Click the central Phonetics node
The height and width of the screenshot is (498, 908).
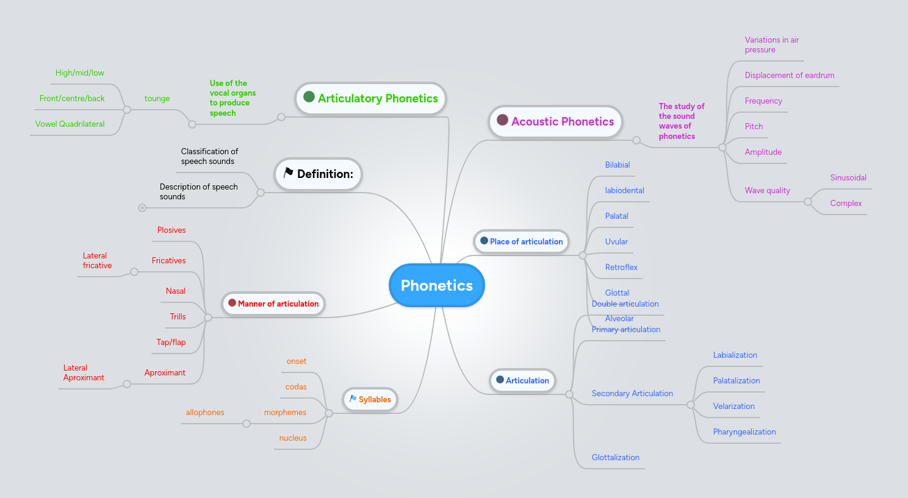pyautogui.click(x=436, y=285)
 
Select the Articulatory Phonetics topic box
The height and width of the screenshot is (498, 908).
pyautogui.click(x=371, y=98)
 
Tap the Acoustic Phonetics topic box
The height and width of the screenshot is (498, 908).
pyautogui.click(x=555, y=121)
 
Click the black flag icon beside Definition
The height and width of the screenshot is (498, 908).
pyautogui.click(x=289, y=173)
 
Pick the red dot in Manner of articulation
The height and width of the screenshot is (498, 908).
pyautogui.click(x=232, y=303)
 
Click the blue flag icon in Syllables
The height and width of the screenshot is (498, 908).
pyautogui.click(x=353, y=399)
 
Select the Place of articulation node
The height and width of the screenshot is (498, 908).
pyautogui.click(x=521, y=241)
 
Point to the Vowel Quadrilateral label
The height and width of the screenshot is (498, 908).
pyautogui.click(x=70, y=124)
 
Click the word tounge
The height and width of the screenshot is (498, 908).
pyautogui.click(x=157, y=98)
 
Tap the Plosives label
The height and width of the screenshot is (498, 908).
pyautogui.click(x=171, y=230)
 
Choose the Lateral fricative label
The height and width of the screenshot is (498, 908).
pyautogui.click(x=97, y=260)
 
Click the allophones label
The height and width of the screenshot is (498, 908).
pyautogui.click(x=205, y=412)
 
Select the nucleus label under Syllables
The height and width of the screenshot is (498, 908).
pyautogui.click(x=293, y=438)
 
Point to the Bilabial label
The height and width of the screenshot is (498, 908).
pyautogui.click(x=617, y=165)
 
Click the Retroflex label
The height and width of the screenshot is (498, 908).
pyautogui.click(x=621, y=267)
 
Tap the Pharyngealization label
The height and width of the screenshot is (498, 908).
pyautogui.click(x=744, y=432)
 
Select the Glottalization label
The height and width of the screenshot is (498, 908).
pyautogui.click(x=615, y=457)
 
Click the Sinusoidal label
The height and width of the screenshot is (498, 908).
pyautogui.click(x=848, y=177)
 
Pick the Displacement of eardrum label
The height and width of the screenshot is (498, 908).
pyautogui.click(x=789, y=75)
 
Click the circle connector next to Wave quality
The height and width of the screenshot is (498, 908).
pyautogui.click(x=808, y=202)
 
